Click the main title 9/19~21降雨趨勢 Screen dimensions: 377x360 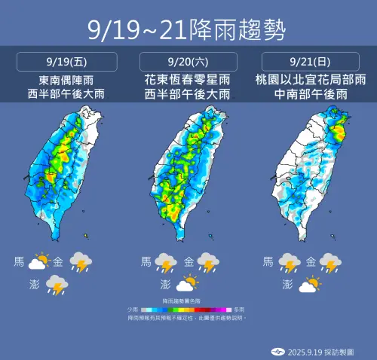(188, 29)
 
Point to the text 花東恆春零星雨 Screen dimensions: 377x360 (188, 79)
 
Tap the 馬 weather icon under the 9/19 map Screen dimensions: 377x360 (38, 262)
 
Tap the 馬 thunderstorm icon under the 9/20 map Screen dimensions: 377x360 (165, 263)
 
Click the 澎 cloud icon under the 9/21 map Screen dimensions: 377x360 (308, 285)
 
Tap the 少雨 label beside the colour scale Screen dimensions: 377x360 (133, 310)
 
